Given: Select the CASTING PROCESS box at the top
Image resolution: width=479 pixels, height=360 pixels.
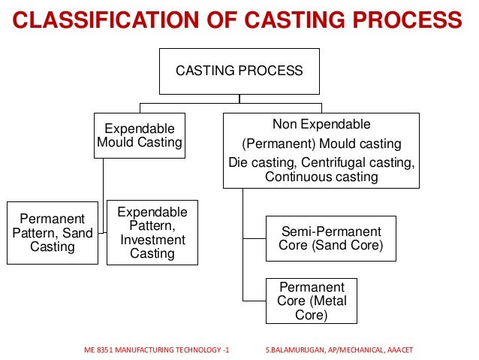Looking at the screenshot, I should pos(239,71).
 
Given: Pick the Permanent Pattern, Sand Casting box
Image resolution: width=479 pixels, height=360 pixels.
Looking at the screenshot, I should pos(53,233).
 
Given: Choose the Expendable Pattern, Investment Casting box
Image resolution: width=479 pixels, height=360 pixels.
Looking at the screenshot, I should pos(152,232).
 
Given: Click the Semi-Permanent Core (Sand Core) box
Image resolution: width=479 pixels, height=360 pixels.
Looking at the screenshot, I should pos(331,238).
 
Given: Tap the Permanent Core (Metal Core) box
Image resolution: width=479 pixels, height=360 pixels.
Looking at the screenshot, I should pos(312,301).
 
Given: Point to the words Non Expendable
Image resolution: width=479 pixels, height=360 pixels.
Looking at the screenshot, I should pos(321,124).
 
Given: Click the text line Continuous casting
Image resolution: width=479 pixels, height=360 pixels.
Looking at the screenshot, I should pos(321,177).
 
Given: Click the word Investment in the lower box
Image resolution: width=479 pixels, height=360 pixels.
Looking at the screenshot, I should pos(152,240).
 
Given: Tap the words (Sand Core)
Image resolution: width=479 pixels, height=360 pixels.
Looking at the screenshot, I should pos(351,246).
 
